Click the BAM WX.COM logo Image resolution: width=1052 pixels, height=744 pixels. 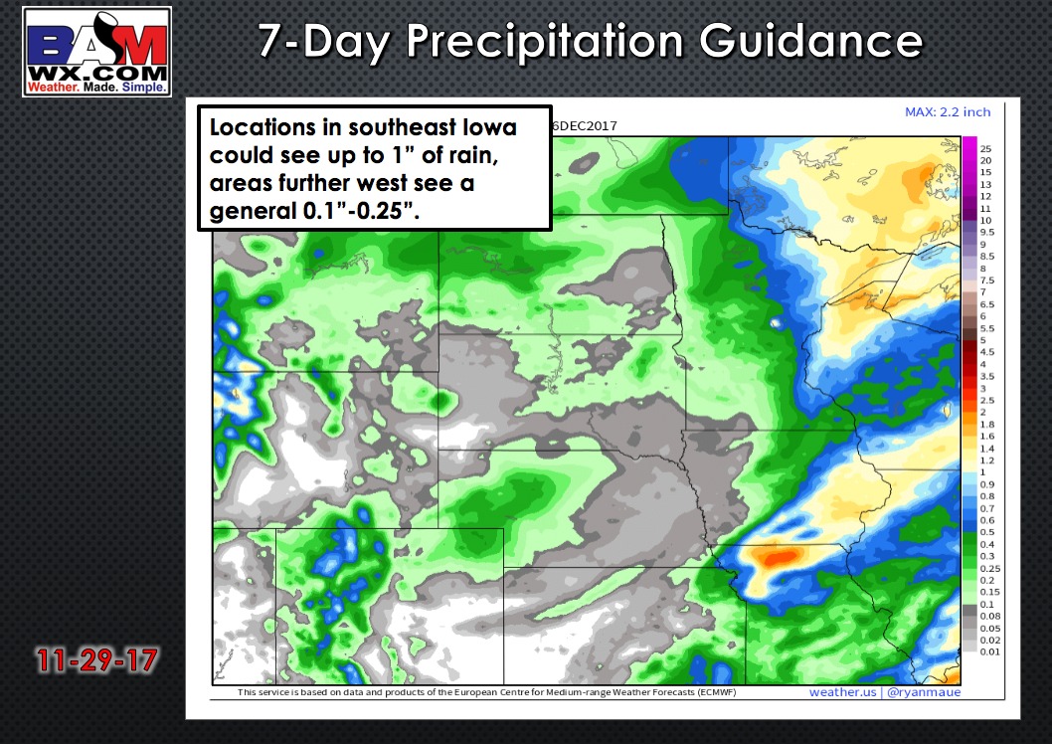coord(96,52)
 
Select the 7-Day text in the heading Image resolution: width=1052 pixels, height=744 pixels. coord(324,42)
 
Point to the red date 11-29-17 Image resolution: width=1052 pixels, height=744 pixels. coord(97,660)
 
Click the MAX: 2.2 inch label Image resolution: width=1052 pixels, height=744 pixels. coord(948,112)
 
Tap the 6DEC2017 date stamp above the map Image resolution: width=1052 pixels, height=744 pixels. coord(585,126)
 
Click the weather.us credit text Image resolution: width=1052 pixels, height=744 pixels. coord(842,692)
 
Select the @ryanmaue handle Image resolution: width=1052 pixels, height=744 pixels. coord(924,692)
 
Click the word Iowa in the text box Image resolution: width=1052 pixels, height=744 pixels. coord(488,127)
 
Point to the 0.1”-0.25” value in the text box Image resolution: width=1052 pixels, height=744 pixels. coord(361,211)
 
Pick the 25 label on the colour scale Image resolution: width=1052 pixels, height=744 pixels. coord(985,149)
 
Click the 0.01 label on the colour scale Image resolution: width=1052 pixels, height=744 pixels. coord(989,651)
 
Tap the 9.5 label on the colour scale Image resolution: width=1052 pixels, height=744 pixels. coord(987,232)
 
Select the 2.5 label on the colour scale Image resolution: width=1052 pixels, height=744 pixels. coord(987,400)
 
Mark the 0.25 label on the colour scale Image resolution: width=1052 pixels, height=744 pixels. coord(989,568)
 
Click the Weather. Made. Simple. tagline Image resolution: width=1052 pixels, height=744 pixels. coord(96,88)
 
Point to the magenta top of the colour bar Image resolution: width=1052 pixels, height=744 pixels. coord(969,143)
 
